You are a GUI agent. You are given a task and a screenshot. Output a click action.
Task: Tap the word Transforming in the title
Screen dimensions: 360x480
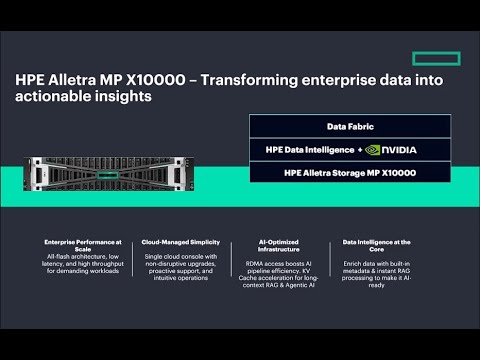(256, 79)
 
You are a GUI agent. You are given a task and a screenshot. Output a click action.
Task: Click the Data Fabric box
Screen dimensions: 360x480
(349, 126)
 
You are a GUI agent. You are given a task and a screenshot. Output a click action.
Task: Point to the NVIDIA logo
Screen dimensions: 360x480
(390, 150)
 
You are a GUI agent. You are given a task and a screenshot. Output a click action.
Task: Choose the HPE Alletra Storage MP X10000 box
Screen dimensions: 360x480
(349, 173)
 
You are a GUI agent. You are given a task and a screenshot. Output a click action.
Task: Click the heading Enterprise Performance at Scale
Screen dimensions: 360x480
(82, 246)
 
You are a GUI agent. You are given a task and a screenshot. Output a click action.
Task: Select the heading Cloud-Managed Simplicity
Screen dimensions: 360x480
(182, 242)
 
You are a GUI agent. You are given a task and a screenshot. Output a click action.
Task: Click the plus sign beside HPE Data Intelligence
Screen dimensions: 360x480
(357, 150)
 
